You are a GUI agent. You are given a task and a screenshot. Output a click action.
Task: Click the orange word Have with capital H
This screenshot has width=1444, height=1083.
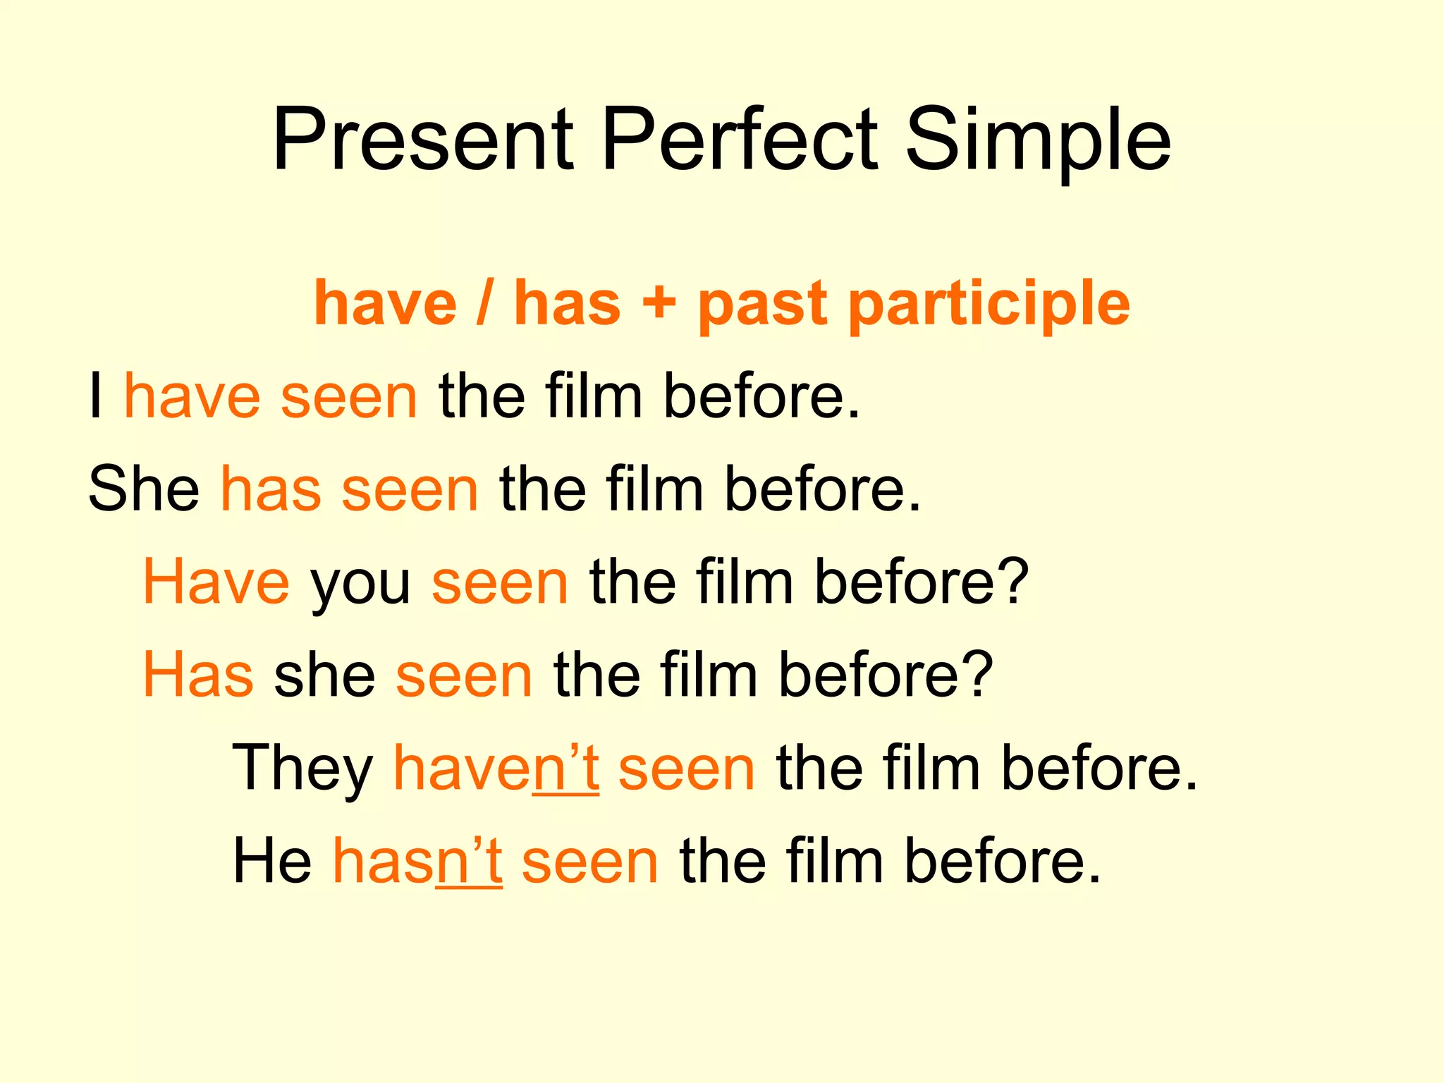click(216, 582)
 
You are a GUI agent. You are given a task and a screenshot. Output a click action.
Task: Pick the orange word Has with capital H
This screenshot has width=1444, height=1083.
click(198, 675)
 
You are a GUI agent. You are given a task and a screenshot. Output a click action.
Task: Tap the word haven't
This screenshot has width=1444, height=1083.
click(496, 768)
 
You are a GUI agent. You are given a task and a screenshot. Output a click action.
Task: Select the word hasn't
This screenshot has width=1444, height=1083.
click(417, 861)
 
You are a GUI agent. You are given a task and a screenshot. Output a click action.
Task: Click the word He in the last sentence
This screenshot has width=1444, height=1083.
click(272, 861)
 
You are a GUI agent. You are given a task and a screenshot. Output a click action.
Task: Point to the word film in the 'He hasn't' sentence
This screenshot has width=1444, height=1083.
click(834, 861)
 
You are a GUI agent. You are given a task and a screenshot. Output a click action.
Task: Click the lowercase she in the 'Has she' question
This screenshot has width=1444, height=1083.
click(324, 675)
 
